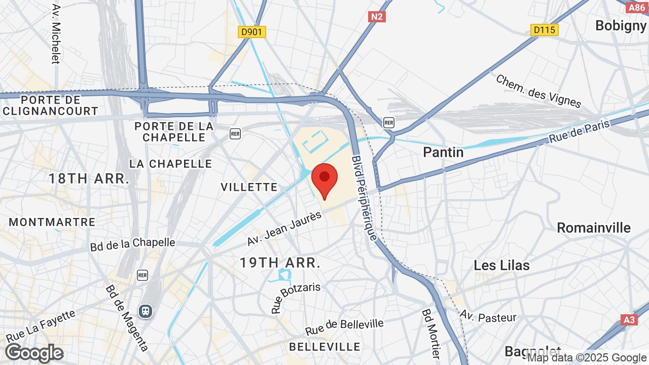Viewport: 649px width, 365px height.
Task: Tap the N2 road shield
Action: click(377, 17)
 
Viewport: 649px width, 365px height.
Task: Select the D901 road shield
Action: click(252, 32)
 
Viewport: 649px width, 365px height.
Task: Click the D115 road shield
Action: click(545, 30)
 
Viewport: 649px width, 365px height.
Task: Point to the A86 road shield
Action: click(636, 8)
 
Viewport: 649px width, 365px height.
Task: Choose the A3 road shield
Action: click(629, 320)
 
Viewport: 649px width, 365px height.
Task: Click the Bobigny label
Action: click(621, 26)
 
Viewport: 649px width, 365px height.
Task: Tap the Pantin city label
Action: click(443, 152)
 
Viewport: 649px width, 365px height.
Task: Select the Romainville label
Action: click(594, 228)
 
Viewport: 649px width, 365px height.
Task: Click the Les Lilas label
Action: click(501, 265)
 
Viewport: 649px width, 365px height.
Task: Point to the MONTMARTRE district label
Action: click(52, 222)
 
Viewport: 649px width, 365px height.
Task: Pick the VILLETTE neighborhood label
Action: click(249, 187)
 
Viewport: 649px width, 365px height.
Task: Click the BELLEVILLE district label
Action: click(324, 347)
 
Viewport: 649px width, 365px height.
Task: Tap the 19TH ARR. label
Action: click(280, 263)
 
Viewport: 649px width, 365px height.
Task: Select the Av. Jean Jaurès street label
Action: click(284, 229)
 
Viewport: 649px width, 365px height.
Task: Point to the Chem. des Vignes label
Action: click(538, 91)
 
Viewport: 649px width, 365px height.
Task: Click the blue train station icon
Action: click(146, 311)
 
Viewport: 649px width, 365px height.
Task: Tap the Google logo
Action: click(34, 353)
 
